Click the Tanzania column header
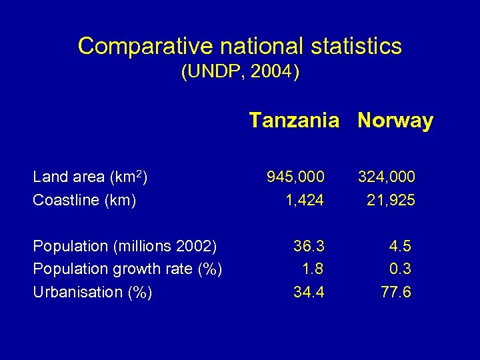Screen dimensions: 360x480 (x=294, y=121)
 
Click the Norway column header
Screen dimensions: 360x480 (x=395, y=121)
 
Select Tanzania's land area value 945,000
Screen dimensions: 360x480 (x=295, y=177)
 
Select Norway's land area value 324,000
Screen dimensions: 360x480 (x=386, y=177)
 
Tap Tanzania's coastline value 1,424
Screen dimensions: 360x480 (x=305, y=200)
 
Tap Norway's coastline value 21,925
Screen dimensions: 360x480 (x=391, y=200)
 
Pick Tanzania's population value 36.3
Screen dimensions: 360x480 (x=309, y=246)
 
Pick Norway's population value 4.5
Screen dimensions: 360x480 (x=400, y=246)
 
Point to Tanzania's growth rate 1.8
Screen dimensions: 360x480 (x=313, y=269)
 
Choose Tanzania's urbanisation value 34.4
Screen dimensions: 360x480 (x=309, y=292)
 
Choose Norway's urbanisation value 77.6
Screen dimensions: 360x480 (x=395, y=292)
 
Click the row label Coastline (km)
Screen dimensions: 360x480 (x=85, y=200)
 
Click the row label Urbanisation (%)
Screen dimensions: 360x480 (x=93, y=292)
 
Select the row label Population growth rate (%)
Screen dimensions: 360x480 (x=127, y=269)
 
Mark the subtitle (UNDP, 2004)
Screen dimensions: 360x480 (x=240, y=72)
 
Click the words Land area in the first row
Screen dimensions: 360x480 (x=69, y=177)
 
